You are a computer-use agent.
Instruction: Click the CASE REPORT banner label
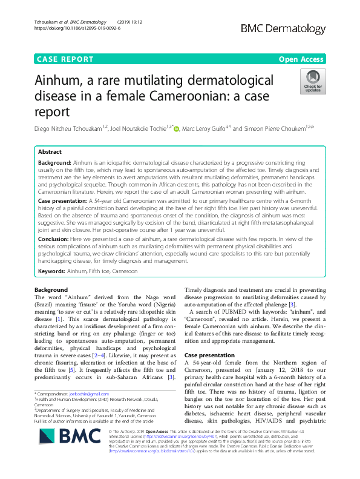[65, 59]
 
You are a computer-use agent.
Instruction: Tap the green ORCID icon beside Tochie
[177, 128]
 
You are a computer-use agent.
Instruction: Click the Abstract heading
[50, 152]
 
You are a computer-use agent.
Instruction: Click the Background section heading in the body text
[51, 290]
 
